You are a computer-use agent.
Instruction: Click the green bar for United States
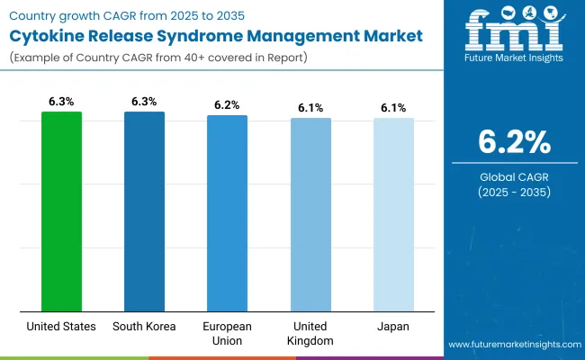pos(61,211)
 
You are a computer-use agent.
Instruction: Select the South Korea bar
pos(144,211)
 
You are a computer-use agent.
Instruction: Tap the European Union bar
pos(227,213)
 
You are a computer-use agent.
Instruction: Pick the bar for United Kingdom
pos(310,215)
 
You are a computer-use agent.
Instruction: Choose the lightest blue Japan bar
pos(393,215)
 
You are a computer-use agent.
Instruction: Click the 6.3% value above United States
pos(61,101)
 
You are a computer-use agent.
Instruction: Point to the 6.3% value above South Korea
pos(144,101)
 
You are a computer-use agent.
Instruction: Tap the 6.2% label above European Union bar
pos(227,104)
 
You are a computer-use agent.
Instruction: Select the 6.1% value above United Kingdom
pos(310,107)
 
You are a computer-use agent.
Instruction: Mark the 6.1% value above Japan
pos(393,107)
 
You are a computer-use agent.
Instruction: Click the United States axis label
pos(61,326)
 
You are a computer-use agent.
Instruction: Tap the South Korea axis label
pos(144,326)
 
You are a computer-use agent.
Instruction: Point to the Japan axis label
pos(393,326)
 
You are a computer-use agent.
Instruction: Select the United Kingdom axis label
pos(310,333)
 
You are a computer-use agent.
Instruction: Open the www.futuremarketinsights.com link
pos(512,345)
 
